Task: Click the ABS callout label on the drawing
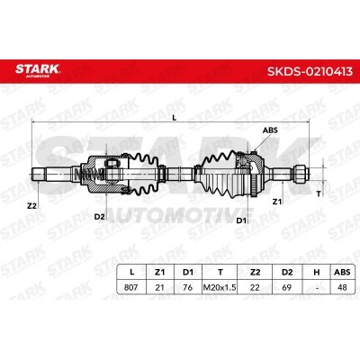click(269, 130)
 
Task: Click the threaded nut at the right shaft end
click(302, 174)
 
